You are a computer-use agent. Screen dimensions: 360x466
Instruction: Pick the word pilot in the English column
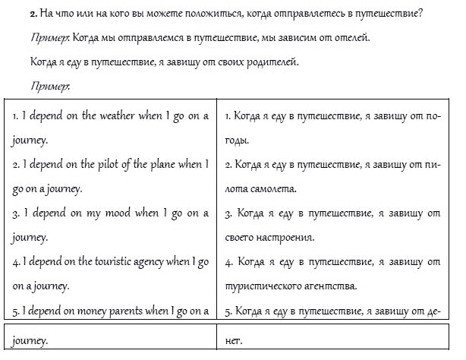pos(118,165)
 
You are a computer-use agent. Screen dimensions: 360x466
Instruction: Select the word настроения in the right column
pos(284,238)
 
